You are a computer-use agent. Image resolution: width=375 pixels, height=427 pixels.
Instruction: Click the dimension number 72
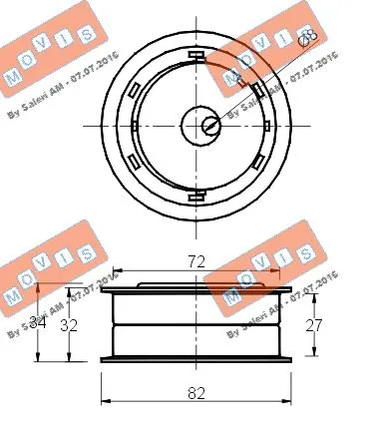coord(196,261)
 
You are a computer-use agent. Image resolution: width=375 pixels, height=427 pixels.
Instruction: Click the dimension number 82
coord(196,392)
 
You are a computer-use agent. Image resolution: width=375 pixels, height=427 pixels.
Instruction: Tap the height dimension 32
coord(69,323)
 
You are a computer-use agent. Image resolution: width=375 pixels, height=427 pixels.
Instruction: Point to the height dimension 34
coord(37,322)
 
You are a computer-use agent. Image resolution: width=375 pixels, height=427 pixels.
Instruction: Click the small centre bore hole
coord(209,125)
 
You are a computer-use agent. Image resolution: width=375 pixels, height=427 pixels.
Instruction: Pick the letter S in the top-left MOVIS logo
coord(87,31)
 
